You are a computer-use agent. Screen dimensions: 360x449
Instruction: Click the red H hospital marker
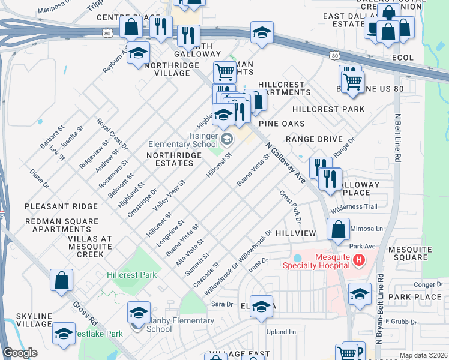coord(358,260)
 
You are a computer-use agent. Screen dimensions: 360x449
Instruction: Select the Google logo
coord(20,353)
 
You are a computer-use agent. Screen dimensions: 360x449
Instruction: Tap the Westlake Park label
coord(102,334)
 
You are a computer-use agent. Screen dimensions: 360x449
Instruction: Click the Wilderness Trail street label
coord(354,207)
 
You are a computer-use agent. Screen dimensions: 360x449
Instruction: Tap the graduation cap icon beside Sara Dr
coord(261,307)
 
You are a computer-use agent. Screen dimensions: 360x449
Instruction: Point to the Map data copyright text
coord(422,355)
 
